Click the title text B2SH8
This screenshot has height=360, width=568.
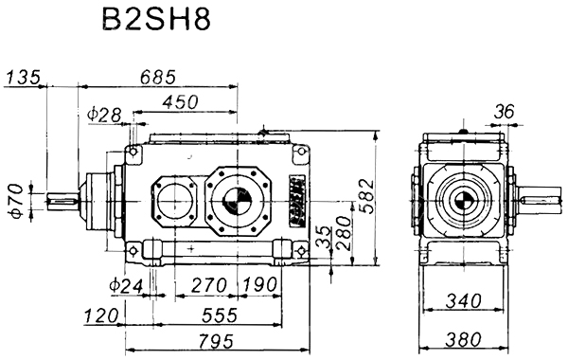point(156,19)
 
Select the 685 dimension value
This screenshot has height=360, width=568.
point(158,77)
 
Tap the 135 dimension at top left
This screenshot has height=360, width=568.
point(23,77)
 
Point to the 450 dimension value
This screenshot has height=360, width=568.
point(180,102)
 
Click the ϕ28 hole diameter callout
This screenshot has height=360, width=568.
point(104,115)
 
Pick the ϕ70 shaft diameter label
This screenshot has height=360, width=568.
point(17,201)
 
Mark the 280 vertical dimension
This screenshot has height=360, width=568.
point(344,233)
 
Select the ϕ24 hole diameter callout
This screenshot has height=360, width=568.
point(127,286)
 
